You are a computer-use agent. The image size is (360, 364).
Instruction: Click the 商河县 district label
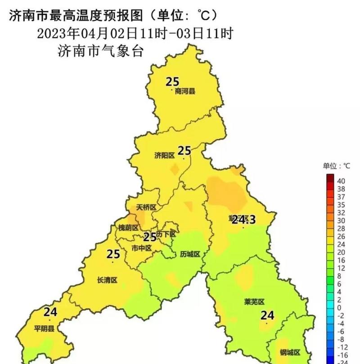pos(185,91)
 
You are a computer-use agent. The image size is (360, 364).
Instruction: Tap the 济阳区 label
pos(164,155)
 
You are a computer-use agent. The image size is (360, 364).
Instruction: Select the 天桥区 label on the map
pos(146,208)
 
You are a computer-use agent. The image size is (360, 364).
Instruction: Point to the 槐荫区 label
pos(128,228)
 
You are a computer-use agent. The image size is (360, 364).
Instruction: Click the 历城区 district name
pos(189,254)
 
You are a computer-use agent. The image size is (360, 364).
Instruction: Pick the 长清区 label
pos(107,280)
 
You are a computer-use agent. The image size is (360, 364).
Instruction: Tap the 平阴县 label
pos(44,328)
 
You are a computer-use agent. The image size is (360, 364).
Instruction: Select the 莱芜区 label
pos(254,301)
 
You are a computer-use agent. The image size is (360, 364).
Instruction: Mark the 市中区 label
pos(141,248)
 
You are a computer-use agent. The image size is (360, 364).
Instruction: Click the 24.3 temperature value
pos(243,220)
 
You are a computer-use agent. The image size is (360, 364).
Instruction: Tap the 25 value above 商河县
pos(172,82)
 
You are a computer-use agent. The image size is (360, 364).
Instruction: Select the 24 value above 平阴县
pos(50,311)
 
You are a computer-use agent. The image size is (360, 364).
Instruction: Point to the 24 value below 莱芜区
pos(267,315)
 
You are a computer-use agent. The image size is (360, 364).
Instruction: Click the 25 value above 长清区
pos(113,254)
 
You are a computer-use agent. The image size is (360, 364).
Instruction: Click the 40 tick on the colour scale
pos(341,181)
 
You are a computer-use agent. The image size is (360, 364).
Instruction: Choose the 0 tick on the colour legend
pos(339,307)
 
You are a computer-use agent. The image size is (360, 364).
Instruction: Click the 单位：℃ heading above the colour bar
pos(336,166)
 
